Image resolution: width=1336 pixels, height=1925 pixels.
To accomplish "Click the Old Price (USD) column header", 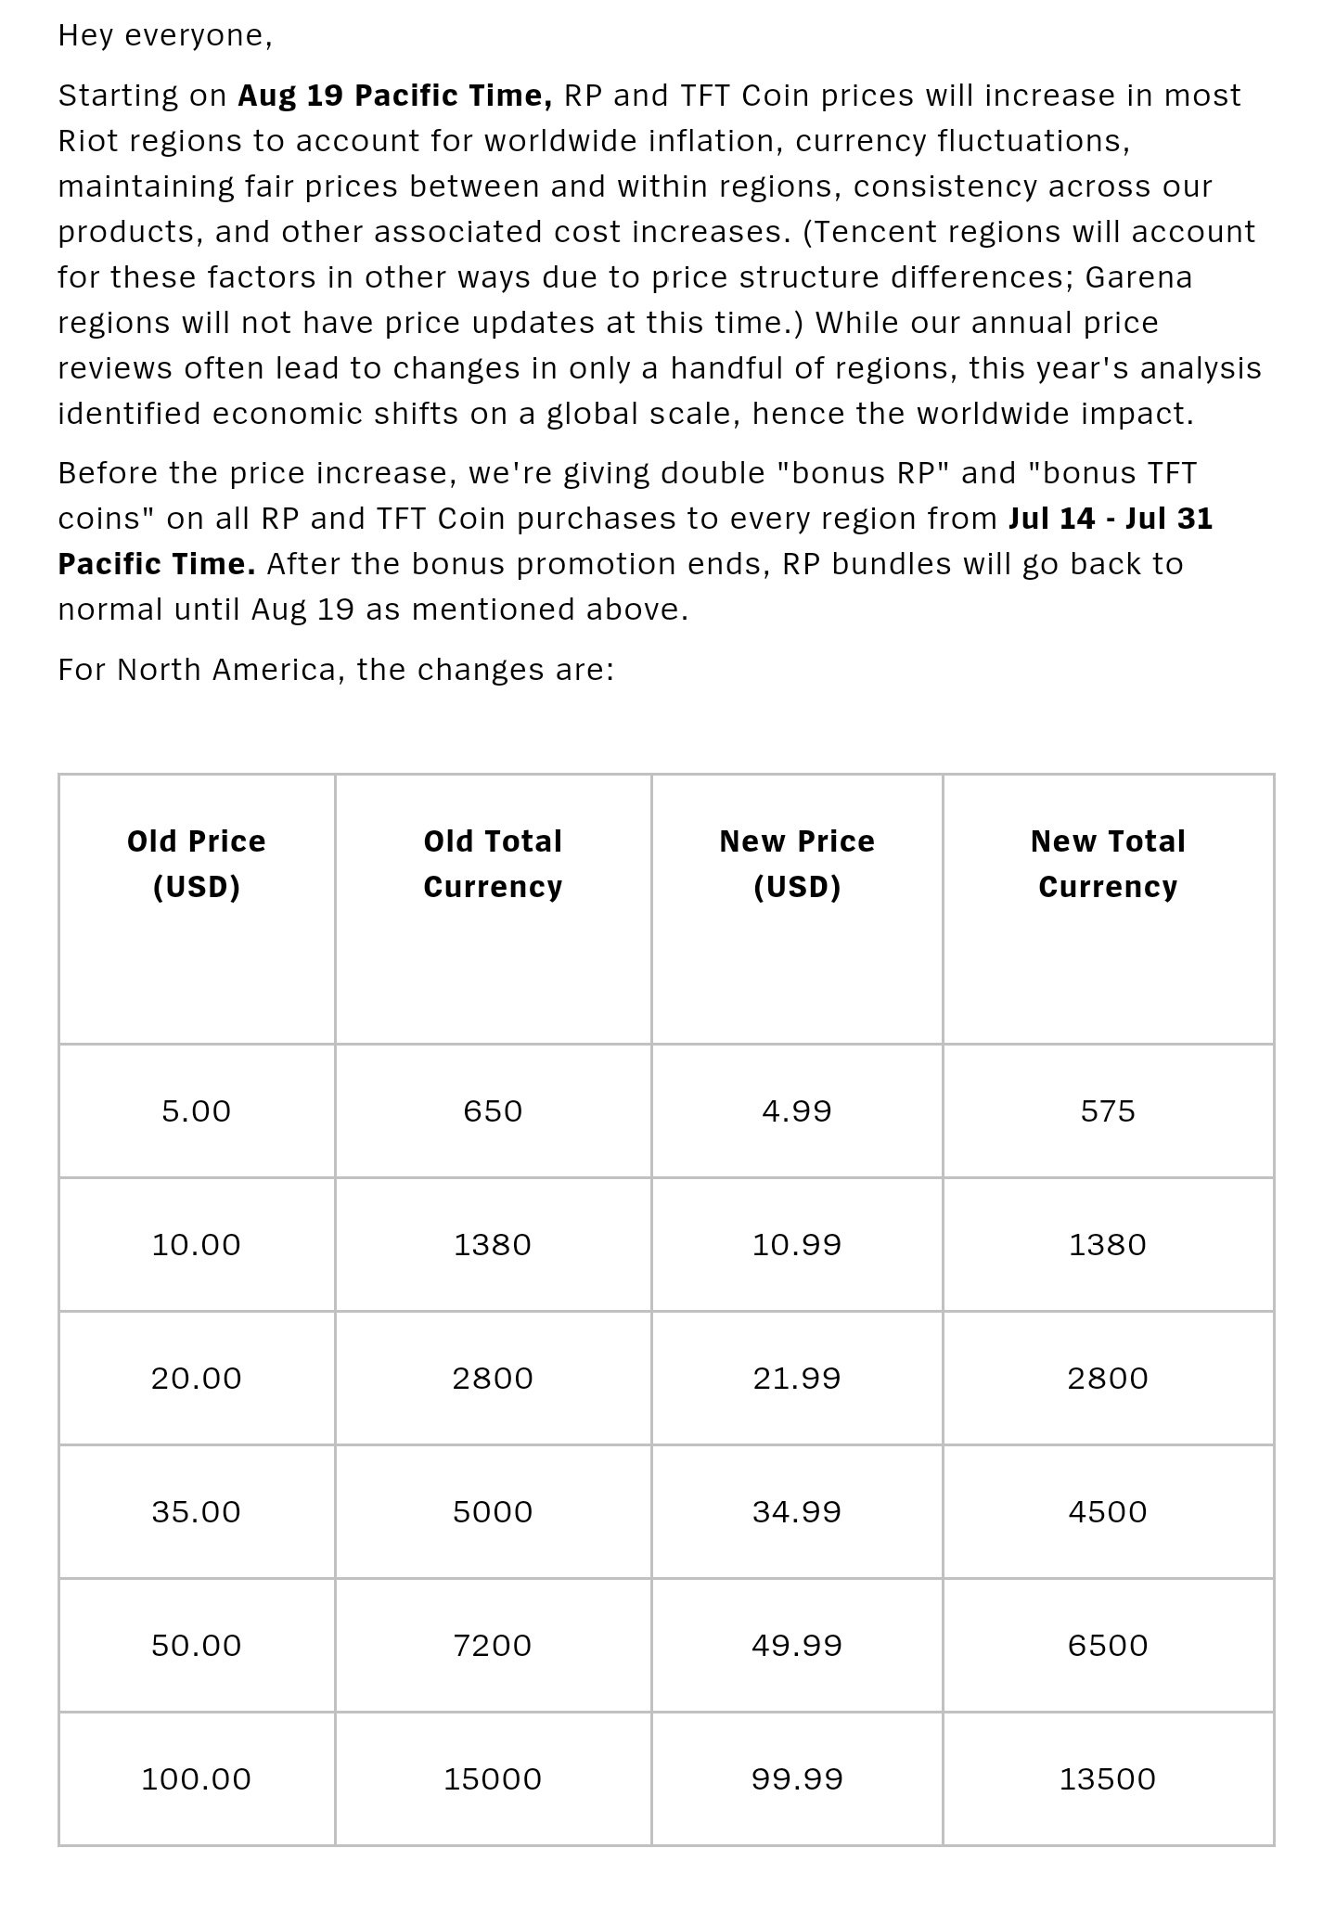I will (x=197, y=864).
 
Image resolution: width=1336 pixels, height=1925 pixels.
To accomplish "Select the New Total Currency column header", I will (x=1108, y=864).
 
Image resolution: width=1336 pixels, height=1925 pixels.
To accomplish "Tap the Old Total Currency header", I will (x=493, y=864).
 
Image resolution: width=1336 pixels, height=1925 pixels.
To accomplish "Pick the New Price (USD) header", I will (x=797, y=864).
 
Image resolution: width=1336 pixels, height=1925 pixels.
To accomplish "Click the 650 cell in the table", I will (x=493, y=1110).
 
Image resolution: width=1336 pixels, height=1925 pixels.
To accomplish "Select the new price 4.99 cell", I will (x=797, y=1110).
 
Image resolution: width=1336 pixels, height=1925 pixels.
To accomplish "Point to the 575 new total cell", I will (x=1108, y=1110).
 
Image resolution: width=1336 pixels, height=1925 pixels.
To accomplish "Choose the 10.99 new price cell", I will (x=797, y=1244).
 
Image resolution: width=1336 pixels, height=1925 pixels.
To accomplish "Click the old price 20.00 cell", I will (x=197, y=1378).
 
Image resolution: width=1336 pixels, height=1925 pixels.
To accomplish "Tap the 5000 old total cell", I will (x=493, y=1511).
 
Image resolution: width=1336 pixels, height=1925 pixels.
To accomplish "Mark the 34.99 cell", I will (x=797, y=1511).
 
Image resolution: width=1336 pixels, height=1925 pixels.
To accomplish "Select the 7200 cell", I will (x=493, y=1645).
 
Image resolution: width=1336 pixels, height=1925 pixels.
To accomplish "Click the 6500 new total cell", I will (x=1108, y=1645).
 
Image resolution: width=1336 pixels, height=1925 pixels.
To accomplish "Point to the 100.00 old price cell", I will (x=197, y=1778).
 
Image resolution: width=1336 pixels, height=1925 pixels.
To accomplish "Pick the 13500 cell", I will (x=1108, y=1778).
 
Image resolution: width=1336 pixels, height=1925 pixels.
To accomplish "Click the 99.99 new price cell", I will (x=797, y=1778).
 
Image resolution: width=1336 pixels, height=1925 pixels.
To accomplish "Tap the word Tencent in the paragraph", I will (x=872, y=231).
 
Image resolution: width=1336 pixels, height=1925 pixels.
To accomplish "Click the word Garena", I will (x=1138, y=276).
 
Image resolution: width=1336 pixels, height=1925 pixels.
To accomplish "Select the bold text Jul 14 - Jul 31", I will (x=1111, y=518).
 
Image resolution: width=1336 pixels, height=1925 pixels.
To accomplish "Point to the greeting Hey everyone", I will (x=165, y=35).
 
